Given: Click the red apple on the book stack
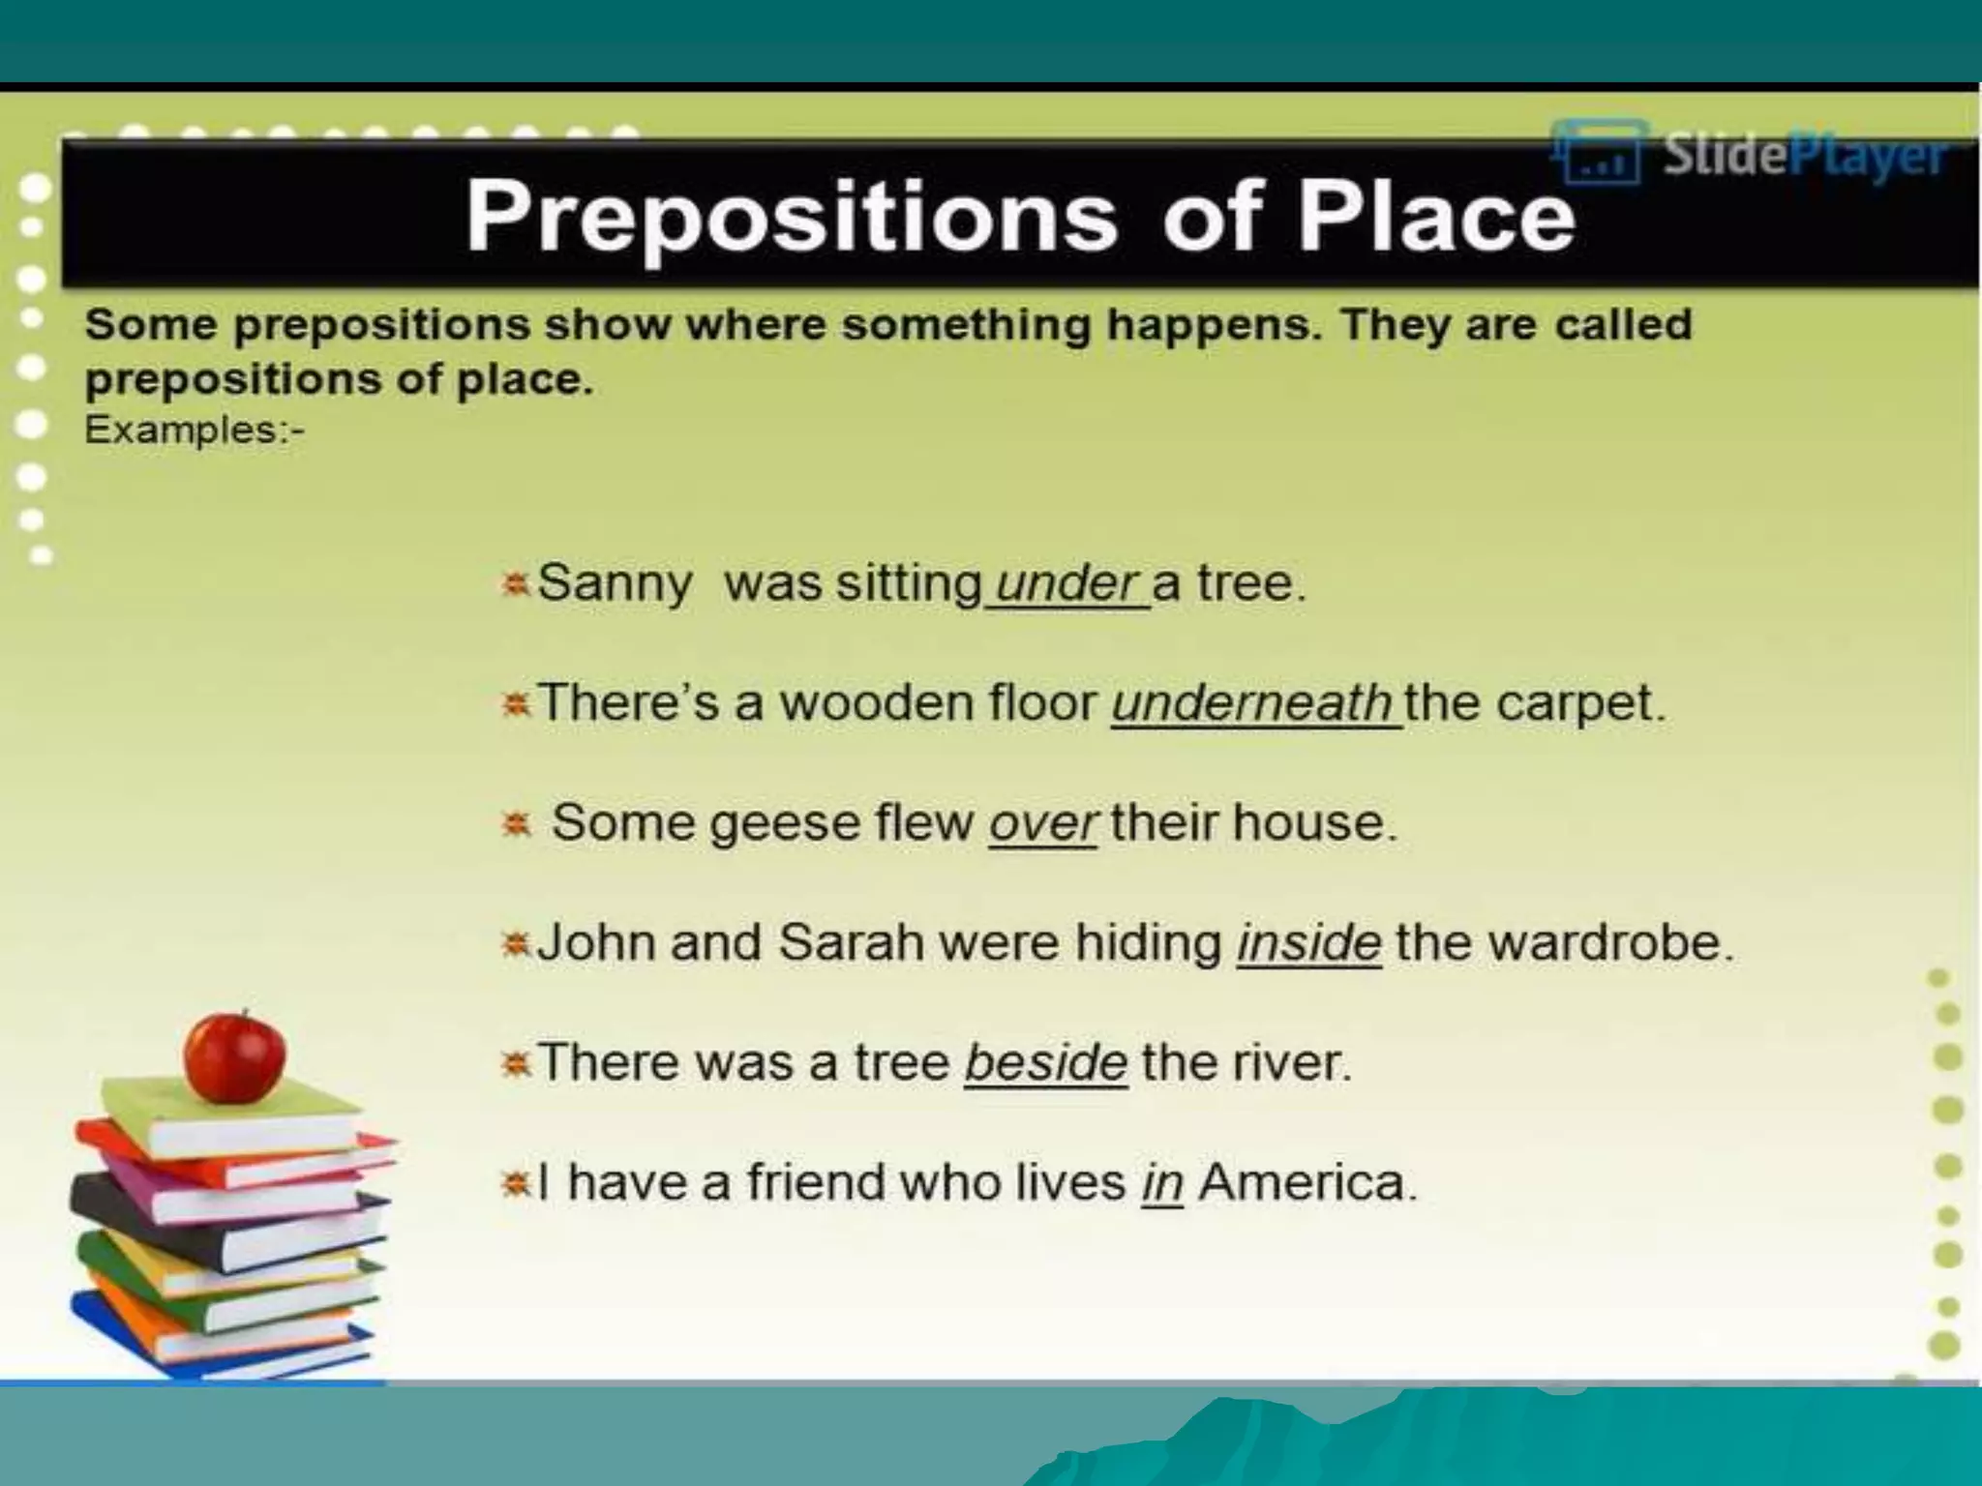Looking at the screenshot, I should tap(235, 1056).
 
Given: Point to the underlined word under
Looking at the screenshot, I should tap(1065, 583).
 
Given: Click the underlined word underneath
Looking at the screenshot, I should tap(1252, 703).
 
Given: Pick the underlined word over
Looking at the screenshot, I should tap(1042, 823).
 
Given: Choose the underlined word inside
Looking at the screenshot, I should tap(1308, 942).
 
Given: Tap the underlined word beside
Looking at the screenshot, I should tap(1045, 1062).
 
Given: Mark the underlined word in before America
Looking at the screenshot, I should tap(1162, 1182).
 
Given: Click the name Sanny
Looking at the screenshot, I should tap(615, 583).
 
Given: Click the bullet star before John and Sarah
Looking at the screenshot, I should tap(516, 943).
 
